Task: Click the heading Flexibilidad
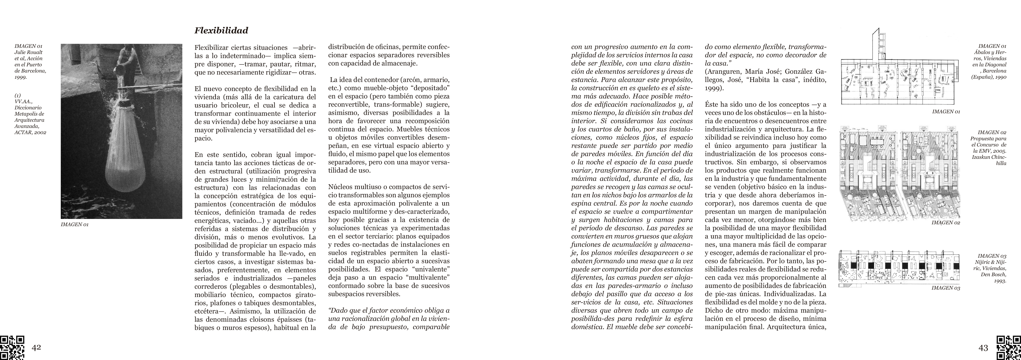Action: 221,30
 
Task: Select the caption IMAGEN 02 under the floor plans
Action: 946,223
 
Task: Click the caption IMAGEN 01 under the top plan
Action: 946,112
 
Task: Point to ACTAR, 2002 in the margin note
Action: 30,132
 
